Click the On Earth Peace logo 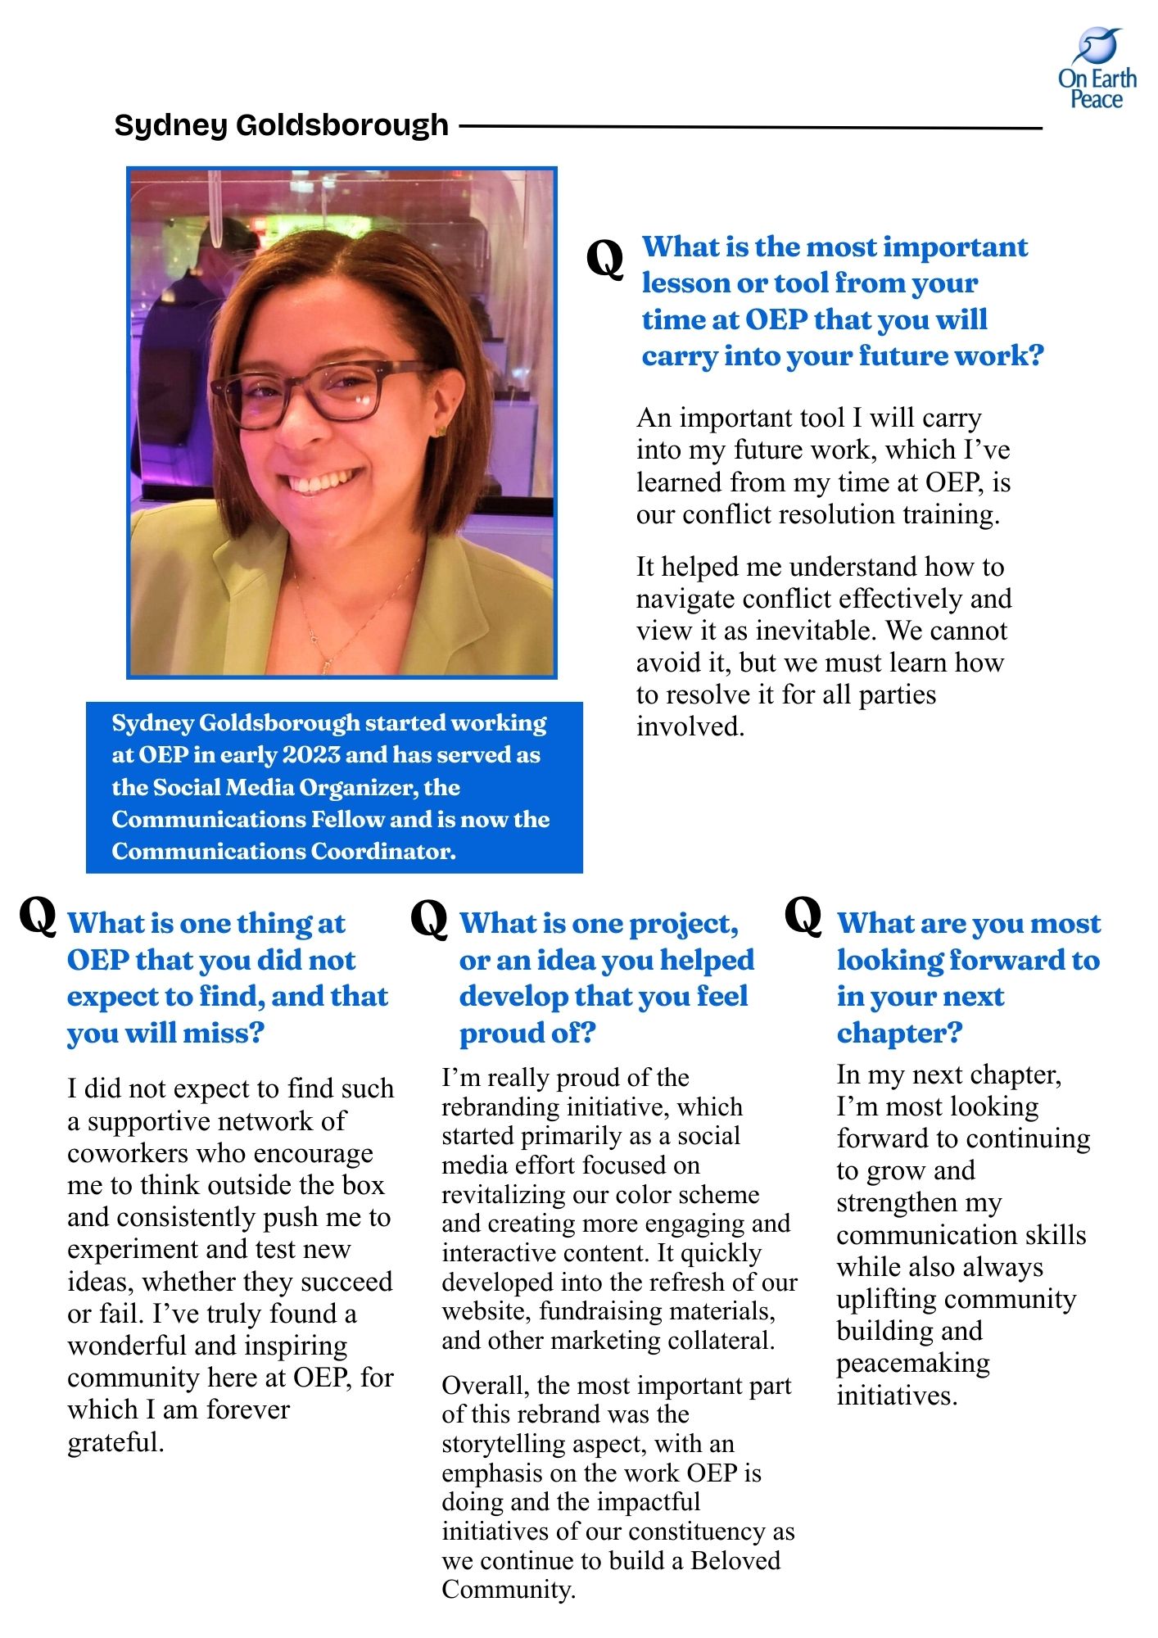[1097, 69]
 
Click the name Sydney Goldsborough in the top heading [281, 126]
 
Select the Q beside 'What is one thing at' [38, 915]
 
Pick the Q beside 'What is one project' [429, 918]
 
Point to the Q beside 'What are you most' [803, 915]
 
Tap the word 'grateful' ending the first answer [115, 1442]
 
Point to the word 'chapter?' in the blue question [898, 1034]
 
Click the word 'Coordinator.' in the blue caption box [382, 852]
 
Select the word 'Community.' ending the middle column [508, 1590]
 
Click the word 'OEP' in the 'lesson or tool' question [776, 319]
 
